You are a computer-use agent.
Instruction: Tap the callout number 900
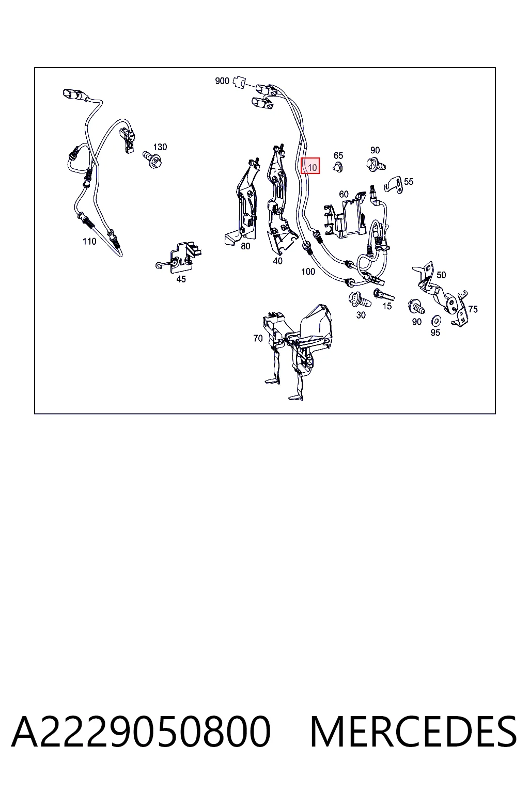point(222,81)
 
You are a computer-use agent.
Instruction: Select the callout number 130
point(160,147)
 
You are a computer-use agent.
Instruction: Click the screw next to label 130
point(153,160)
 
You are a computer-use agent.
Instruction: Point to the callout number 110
point(89,242)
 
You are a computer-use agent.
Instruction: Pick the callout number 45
point(181,279)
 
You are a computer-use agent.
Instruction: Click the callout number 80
point(245,246)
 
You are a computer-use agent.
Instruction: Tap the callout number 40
point(278,261)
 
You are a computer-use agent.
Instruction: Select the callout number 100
point(308,272)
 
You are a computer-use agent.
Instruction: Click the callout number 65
point(338,155)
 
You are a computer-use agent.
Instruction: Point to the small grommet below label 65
point(338,167)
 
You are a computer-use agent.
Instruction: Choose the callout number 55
point(409,182)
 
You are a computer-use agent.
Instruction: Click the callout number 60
point(344,194)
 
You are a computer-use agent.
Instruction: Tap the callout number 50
point(441,275)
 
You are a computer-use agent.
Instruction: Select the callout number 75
point(473,309)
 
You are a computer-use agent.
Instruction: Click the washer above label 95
point(436,321)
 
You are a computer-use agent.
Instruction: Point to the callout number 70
point(258,339)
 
